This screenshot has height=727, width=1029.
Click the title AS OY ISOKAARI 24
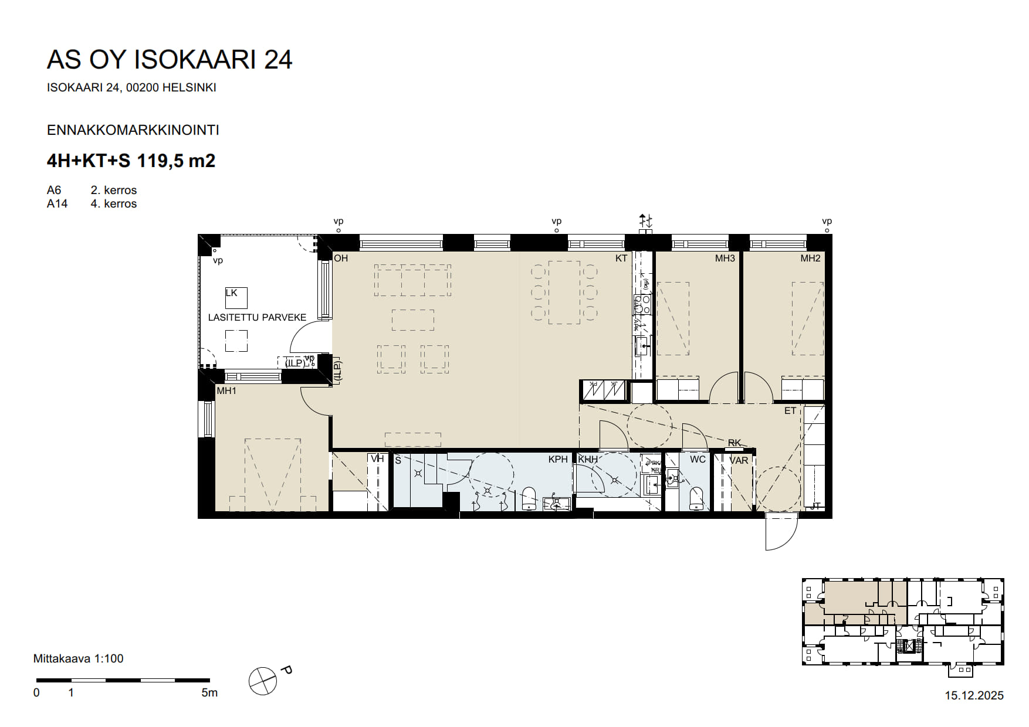click(x=169, y=60)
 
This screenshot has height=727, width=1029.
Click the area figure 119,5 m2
click(x=176, y=161)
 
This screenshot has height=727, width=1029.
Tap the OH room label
click(x=341, y=258)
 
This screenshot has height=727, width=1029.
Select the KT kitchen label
click(x=621, y=258)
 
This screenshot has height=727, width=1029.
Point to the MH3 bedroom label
click(x=725, y=258)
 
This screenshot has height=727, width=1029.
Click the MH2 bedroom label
click(x=810, y=258)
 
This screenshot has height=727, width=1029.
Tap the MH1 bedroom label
click(x=226, y=390)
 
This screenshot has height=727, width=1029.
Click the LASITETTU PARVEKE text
click(x=257, y=317)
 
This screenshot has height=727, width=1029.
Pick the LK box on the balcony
click(x=236, y=298)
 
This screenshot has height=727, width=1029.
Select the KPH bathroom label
click(x=558, y=460)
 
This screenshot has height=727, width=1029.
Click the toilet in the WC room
click(x=696, y=498)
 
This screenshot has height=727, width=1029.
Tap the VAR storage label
click(x=739, y=460)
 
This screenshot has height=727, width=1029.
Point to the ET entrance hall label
click(x=790, y=410)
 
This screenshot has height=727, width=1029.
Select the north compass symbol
click(x=263, y=681)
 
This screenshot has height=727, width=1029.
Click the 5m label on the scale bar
click(x=209, y=692)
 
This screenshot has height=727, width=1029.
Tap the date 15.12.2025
click(x=974, y=695)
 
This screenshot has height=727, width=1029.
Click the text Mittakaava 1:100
click(x=78, y=658)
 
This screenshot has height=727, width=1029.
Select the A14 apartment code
click(x=57, y=203)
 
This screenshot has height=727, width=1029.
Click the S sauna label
click(x=398, y=460)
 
